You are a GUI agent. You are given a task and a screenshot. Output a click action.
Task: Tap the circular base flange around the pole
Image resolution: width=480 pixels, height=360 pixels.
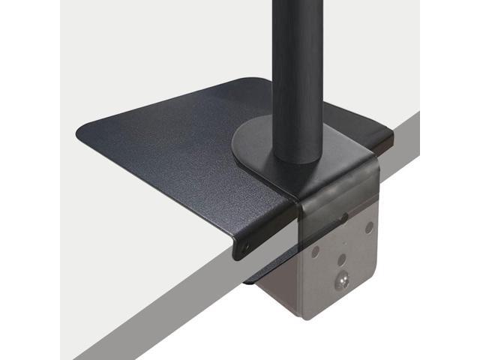point(255,147)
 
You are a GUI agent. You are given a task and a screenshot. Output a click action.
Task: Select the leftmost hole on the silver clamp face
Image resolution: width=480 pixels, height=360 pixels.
point(316,252)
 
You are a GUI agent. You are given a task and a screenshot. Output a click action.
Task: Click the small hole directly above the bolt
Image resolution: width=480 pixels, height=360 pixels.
point(342,259)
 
